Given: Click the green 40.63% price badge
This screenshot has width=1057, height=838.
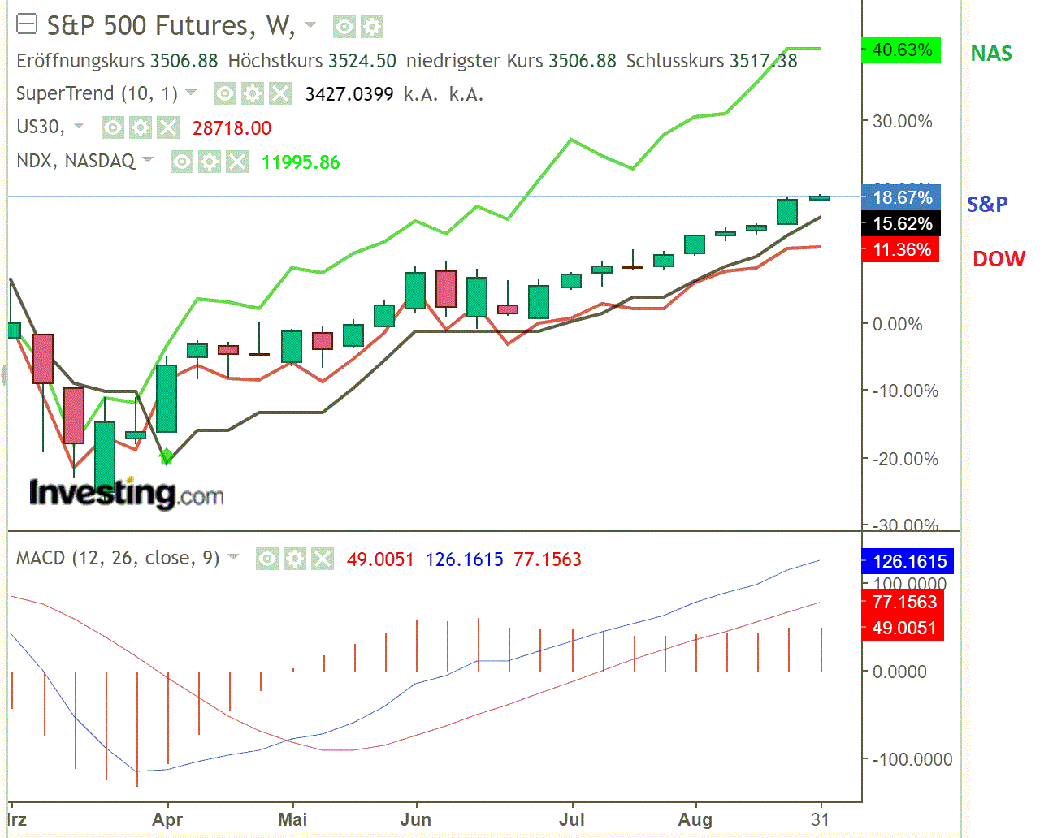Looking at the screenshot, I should pos(901,50).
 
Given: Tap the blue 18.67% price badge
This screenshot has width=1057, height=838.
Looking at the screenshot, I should pos(901,197).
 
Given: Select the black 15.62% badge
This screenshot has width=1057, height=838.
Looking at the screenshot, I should pos(901,224).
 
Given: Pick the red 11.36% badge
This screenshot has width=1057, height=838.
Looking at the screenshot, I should pos(901,250).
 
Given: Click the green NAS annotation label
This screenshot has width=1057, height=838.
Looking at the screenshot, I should pos(991,54).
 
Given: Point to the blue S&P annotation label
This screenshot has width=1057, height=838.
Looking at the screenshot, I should pos(987,204).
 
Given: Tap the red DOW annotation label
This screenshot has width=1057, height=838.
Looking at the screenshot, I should pos(999,259).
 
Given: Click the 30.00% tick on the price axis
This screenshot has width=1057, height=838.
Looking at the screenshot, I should pos(902,122).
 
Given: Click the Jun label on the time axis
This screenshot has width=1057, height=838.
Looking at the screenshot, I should pos(415,819).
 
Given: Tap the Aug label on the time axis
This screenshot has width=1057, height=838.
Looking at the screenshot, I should pos(695,819).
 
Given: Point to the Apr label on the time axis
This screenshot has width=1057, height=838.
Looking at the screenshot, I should pos(167,819).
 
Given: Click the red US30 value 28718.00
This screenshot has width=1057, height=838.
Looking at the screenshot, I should pos(232,128).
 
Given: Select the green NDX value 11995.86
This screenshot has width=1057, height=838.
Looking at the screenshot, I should pos(301,162).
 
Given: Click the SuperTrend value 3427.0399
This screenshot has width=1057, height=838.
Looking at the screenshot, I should pos(349,94).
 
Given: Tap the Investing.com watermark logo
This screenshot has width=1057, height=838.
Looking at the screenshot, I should pos(126,493).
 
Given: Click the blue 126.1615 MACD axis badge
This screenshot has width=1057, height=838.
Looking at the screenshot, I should pos(908,561).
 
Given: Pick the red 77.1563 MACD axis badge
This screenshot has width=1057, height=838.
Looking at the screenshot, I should pos(903,602).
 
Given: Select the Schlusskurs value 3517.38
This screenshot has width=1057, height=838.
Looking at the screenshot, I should pos(764,61).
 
